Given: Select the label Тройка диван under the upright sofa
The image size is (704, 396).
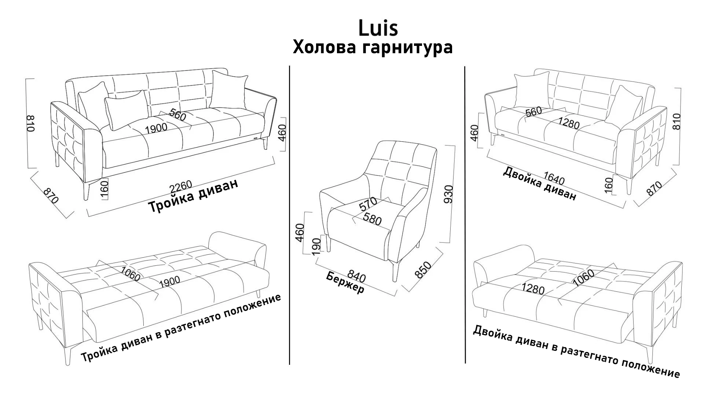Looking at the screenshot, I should pyautogui.click(x=193, y=196).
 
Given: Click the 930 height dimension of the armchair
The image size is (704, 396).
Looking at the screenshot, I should pyautogui.click(x=449, y=194).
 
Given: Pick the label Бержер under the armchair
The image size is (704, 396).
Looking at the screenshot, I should pyautogui.click(x=345, y=282).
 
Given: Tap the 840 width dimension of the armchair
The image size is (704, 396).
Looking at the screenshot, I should pyautogui.click(x=356, y=276).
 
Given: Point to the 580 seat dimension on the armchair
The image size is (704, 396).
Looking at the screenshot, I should pyautogui.click(x=372, y=219).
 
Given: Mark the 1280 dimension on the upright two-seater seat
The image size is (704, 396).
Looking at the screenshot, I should pyautogui.click(x=569, y=123).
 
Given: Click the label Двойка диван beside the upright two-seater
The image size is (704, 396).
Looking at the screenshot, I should pyautogui.click(x=539, y=184).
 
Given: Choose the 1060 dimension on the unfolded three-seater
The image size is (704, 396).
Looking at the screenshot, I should pyautogui.click(x=131, y=273).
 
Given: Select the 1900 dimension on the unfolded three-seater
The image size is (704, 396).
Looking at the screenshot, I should pyautogui.click(x=170, y=281).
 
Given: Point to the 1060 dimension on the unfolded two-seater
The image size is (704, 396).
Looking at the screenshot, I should pyautogui.click(x=583, y=278).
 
